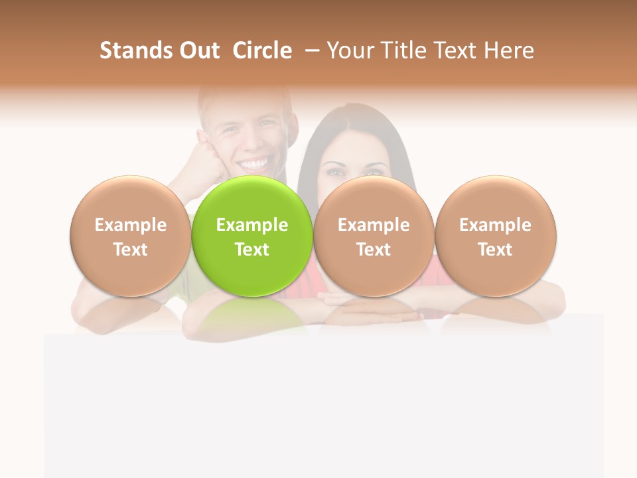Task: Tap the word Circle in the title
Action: pos(262,50)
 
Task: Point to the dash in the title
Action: pos(309,51)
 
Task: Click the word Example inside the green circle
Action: pos(252,225)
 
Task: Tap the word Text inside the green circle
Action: pos(252,250)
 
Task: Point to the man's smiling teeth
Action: pos(255,162)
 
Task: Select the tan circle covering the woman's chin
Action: pos(374,236)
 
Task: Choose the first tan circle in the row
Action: pos(130,236)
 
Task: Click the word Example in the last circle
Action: pos(495,225)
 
